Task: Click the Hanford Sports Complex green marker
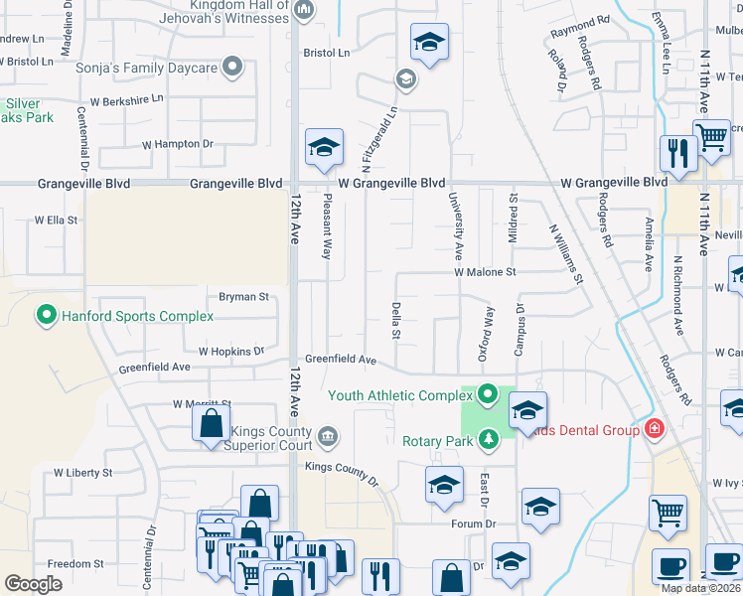(x=46, y=316)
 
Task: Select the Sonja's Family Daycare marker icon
(x=232, y=68)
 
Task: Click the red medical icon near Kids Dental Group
(x=654, y=429)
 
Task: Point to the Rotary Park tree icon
(x=487, y=438)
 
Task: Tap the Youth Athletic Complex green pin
(x=487, y=394)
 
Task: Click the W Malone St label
(x=486, y=271)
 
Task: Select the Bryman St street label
(x=244, y=296)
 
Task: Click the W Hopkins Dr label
(x=231, y=351)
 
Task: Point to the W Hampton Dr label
(x=180, y=144)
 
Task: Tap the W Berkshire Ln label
(x=126, y=100)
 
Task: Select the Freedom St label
(x=70, y=563)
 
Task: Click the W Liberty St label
(x=82, y=473)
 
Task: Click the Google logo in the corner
(x=33, y=584)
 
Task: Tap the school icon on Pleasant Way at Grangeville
(x=324, y=148)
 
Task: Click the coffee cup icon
(x=670, y=566)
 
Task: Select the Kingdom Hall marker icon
(x=304, y=11)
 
